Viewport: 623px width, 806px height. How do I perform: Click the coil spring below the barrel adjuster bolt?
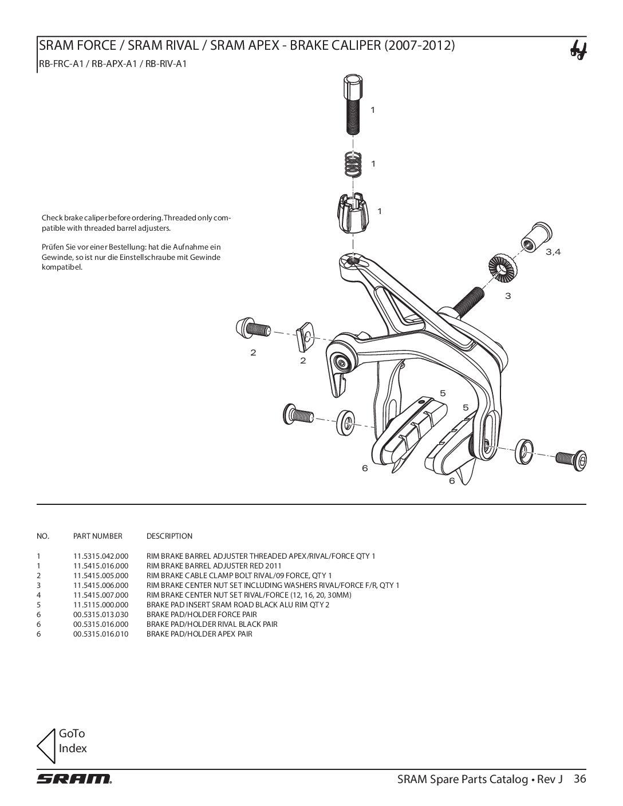(x=353, y=165)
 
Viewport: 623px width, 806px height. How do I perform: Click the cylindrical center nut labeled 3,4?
(x=537, y=238)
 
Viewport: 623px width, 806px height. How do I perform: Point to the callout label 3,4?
(x=553, y=252)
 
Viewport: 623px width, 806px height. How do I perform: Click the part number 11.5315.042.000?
(x=101, y=556)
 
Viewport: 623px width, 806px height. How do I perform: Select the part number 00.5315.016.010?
(x=101, y=634)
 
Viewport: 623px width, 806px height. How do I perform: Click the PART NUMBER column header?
(x=97, y=536)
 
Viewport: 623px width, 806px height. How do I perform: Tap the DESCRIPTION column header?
(x=169, y=536)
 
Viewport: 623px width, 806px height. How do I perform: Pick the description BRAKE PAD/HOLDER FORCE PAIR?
(x=202, y=614)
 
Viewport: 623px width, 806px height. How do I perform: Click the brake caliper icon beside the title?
(x=578, y=51)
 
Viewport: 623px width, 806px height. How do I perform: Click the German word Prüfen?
(x=53, y=247)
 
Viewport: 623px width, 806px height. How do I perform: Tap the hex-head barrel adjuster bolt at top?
(x=353, y=105)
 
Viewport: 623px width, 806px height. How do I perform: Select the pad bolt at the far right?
(x=571, y=460)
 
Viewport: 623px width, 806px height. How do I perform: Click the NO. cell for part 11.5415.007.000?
(x=38, y=595)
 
